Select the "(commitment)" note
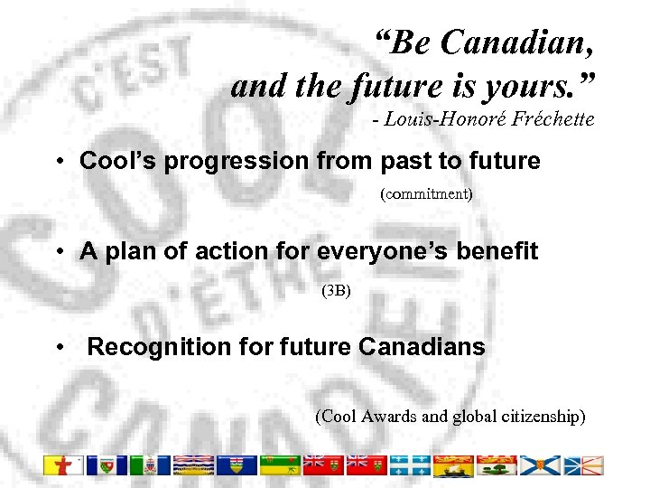(x=426, y=194)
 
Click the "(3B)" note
(x=336, y=291)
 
